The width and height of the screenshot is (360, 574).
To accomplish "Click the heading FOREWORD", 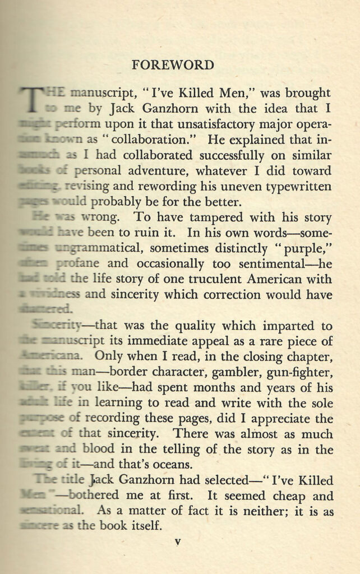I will [173, 65].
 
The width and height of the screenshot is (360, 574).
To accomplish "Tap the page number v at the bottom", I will [177, 542].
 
